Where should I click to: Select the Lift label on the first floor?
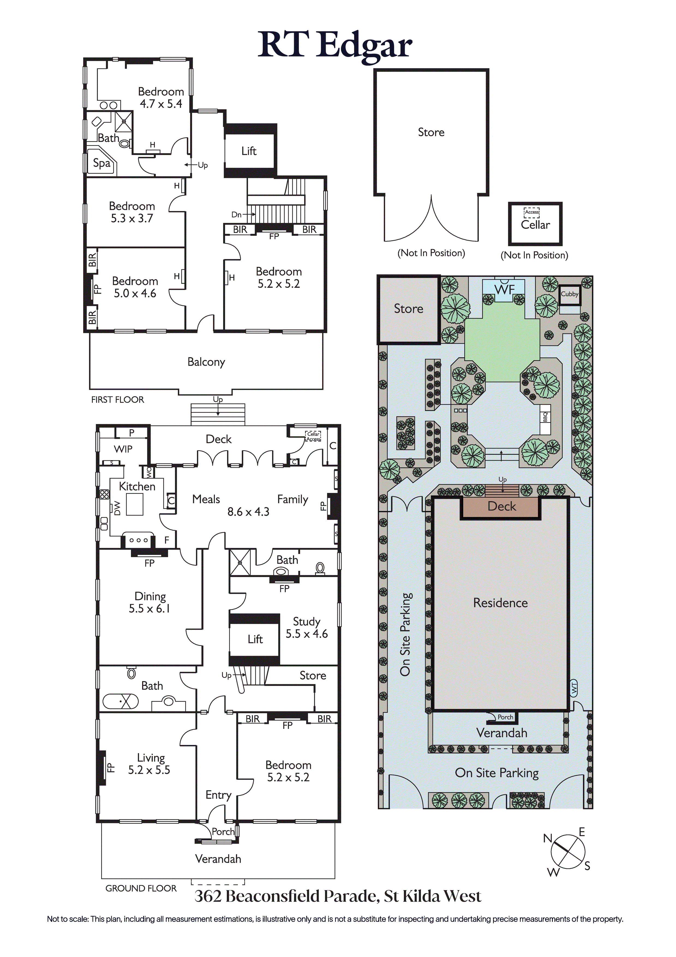click(x=249, y=151)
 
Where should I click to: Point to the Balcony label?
click(x=206, y=362)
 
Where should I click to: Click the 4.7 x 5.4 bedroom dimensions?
click(x=161, y=104)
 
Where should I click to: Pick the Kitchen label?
click(x=137, y=487)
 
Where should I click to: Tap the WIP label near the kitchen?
click(x=123, y=449)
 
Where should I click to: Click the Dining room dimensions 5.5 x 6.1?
click(x=149, y=609)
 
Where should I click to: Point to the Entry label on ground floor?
click(x=219, y=795)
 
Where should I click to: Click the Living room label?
click(x=151, y=758)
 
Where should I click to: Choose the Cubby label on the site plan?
click(x=570, y=294)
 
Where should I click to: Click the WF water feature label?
click(x=504, y=289)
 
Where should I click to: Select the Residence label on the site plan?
click(x=501, y=603)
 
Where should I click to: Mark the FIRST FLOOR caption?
click(x=118, y=400)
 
